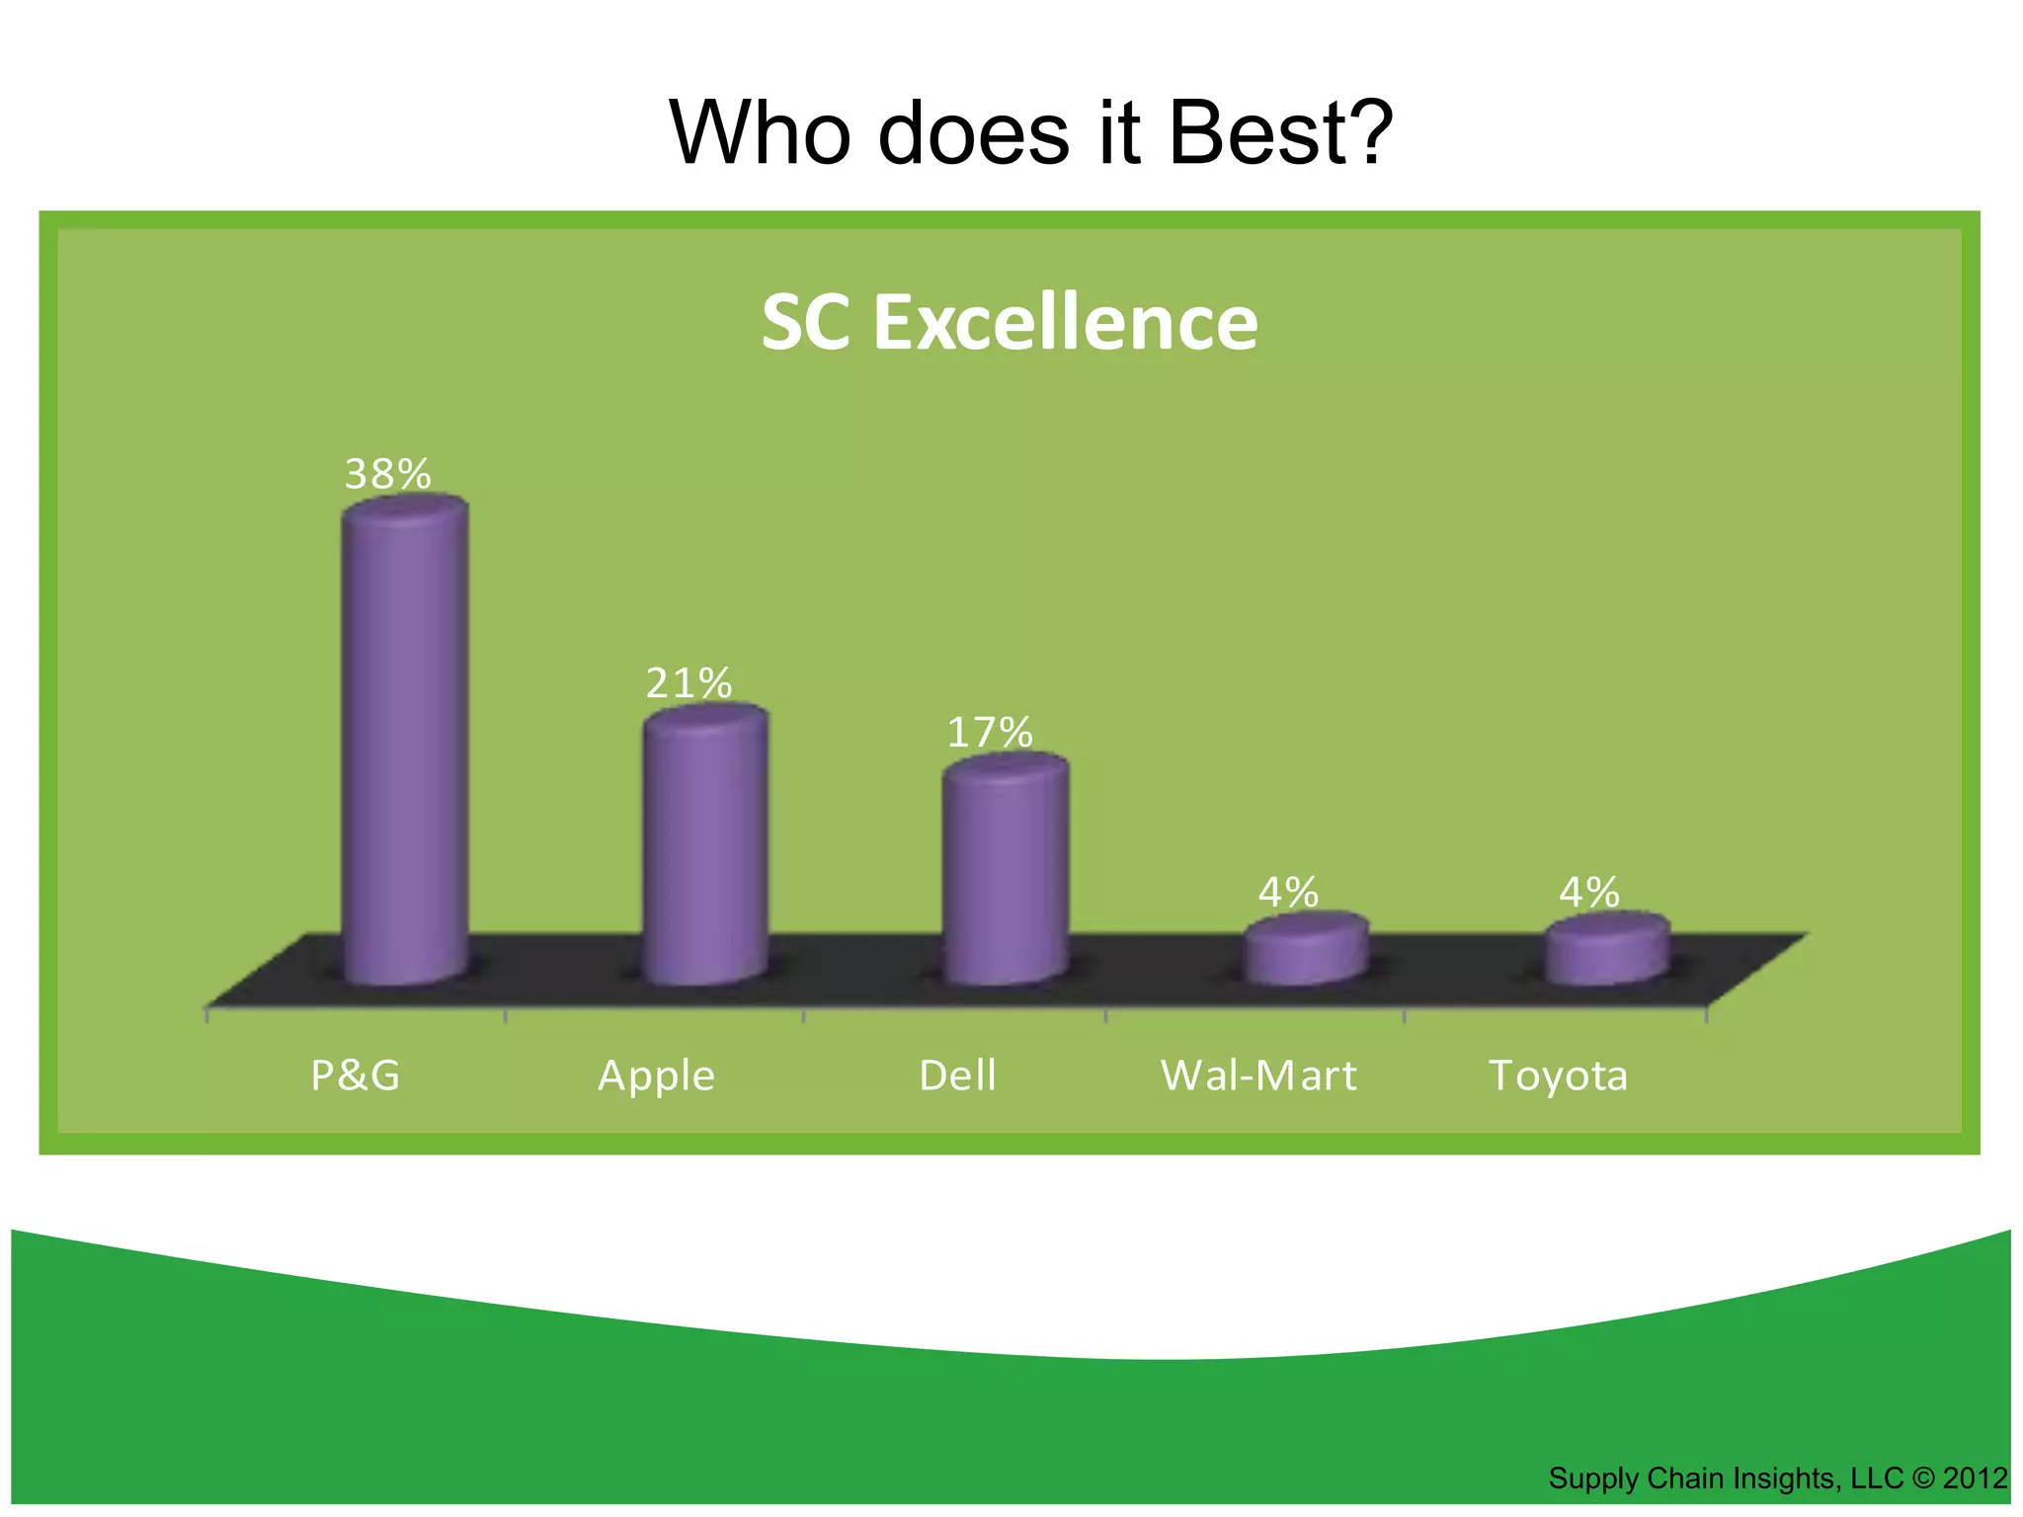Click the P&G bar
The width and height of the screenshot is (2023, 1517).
[x=405, y=741]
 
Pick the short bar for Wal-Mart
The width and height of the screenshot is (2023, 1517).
[x=1306, y=950]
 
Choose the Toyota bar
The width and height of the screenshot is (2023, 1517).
[x=1607, y=950]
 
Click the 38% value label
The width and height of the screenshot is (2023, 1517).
[x=387, y=475]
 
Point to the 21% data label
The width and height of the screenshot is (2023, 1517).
[x=688, y=683]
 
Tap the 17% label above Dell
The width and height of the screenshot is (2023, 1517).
[x=989, y=733]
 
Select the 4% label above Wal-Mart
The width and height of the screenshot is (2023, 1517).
[x=1288, y=893]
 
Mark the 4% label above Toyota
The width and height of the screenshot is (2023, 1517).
[x=1589, y=893]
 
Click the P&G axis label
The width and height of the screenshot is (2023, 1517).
[x=356, y=1076]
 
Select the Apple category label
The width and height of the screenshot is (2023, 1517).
[x=656, y=1076]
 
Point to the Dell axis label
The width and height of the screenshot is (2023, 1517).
[x=957, y=1076]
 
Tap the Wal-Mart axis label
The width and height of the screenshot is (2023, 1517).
[x=1258, y=1076]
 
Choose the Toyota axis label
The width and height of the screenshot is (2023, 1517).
[x=1558, y=1076]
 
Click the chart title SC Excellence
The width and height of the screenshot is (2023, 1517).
[x=1010, y=323]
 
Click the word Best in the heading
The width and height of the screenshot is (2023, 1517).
[x=1280, y=133]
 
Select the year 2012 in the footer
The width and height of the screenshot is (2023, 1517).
[x=1975, y=1478]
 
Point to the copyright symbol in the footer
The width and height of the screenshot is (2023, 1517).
[x=1922, y=1478]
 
